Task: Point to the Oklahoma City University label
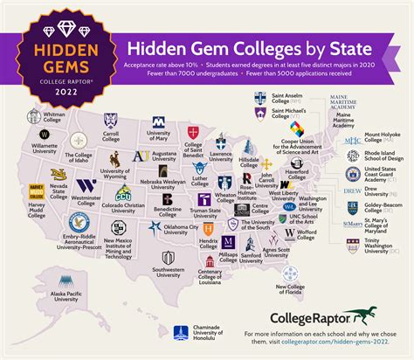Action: (175, 231)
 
